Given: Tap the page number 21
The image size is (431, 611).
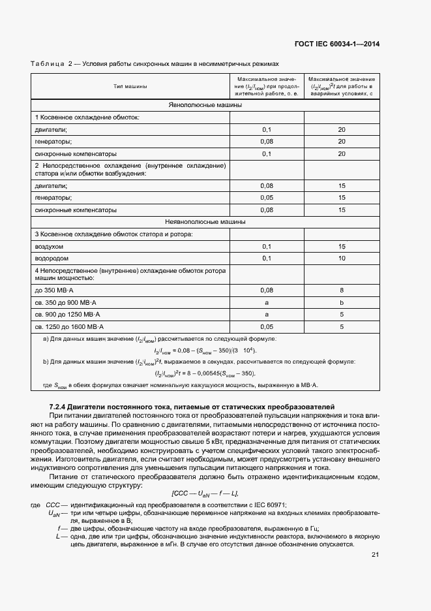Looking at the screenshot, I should pos(375,555).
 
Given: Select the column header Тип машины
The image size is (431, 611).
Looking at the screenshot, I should pos(130,86).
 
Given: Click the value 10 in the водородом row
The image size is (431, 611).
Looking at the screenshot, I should pos(341,258).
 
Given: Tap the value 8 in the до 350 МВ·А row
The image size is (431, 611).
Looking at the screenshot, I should pos(341,290).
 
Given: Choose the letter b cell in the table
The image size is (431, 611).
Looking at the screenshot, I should pos(341,302).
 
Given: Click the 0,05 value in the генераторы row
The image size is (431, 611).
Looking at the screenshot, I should pos(266,197).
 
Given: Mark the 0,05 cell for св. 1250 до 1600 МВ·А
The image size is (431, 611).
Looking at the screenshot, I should pos(266,326).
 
